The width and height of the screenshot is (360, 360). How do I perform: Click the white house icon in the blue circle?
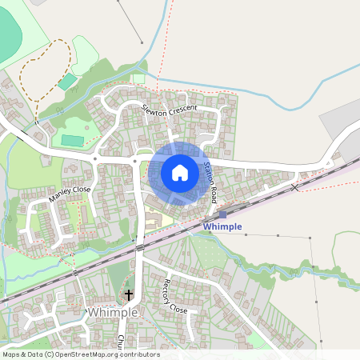pos(179,172)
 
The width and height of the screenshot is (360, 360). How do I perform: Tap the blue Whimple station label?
pos(222,227)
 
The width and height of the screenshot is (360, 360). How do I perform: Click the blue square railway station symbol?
pos(222,214)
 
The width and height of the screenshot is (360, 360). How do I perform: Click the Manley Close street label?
pos(70,193)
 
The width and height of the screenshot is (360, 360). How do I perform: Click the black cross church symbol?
pos(129,295)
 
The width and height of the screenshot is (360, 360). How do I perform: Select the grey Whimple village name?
pos(115,312)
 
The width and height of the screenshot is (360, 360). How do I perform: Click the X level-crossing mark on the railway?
pos(295,186)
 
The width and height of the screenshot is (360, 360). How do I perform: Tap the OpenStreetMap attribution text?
pos(80,354)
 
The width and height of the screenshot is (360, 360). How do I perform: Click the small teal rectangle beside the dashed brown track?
pos(68,82)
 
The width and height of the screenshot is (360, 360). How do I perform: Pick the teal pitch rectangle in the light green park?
pos(73,140)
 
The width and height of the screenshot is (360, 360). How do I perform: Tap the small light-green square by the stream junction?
pos(139,78)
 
